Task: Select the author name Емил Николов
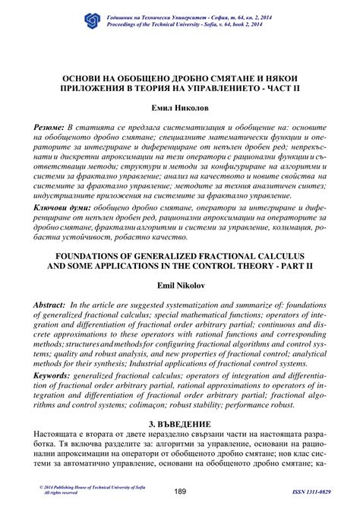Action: (180, 109)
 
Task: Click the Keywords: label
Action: (55, 374)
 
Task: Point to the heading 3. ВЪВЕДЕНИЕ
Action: (180, 423)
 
